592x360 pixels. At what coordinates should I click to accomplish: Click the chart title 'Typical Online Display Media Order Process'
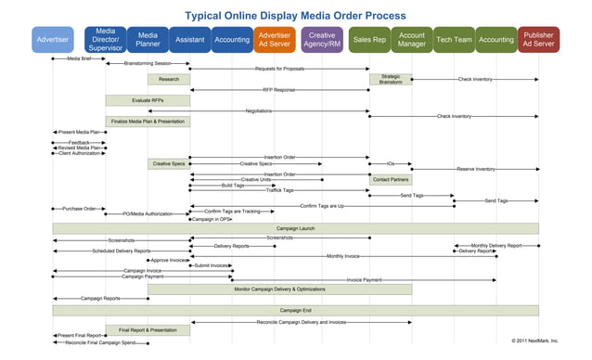point(295,15)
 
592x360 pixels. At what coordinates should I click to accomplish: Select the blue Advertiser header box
point(52,40)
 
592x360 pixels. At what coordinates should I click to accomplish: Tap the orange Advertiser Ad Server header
point(274,40)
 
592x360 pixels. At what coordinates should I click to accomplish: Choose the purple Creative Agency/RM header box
point(322,40)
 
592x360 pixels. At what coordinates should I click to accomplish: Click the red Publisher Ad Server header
point(539,40)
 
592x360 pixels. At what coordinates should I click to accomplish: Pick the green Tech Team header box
point(454,40)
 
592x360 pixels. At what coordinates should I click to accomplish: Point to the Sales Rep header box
point(369,40)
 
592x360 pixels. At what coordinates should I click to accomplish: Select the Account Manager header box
point(411,40)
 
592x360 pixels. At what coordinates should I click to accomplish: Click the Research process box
point(169,80)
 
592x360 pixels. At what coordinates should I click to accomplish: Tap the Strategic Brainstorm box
point(391,80)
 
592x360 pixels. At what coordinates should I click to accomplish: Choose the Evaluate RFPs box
point(127,99)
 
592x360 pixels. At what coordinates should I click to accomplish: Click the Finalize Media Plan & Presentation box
point(148,122)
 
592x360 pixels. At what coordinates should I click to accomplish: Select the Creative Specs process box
point(169,163)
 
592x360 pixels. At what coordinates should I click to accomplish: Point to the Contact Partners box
point(391,179)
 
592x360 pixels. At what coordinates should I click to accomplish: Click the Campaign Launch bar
point(295,227)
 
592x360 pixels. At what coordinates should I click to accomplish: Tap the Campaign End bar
point(295,310)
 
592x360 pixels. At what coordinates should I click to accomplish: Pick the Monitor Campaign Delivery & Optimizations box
point(279,289)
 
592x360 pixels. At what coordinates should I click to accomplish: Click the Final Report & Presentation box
point(148,329)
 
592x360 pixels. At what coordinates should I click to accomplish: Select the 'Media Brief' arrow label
point(80,58)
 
